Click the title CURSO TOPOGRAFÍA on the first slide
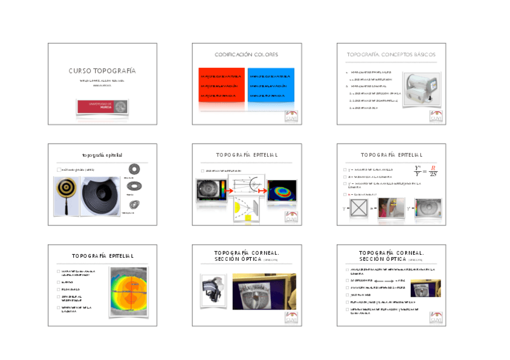tap(102, 71)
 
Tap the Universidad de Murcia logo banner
tap(102, 106)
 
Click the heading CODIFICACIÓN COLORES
tap(247, 55)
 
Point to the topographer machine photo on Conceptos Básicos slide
tap(422, 89)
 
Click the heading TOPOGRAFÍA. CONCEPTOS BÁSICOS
tap(391, 55)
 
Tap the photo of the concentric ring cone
tap(102, 195)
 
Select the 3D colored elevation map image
tap(282, 191)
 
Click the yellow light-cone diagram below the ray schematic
tap(246, 211)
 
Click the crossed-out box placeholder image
tap(360, 209)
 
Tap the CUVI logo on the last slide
tap(435, 317)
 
